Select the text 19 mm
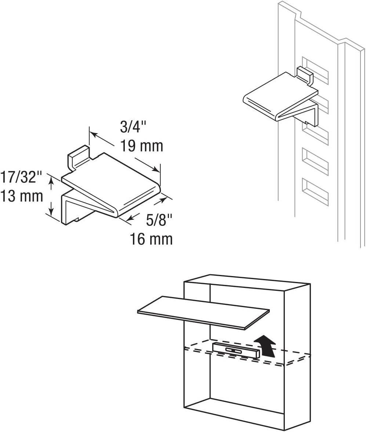coord(141,146)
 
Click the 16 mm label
coord(151,239)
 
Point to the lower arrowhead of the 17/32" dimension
coord(51,212)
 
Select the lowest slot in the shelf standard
coord(315,191)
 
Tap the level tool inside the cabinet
coord(236,350)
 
